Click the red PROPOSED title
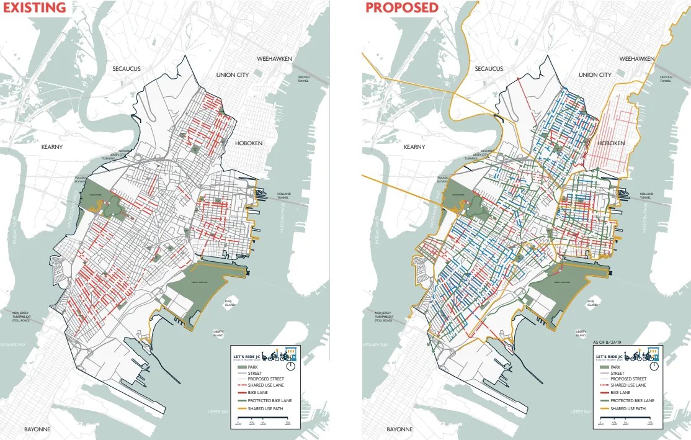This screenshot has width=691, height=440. [x=401, y=8]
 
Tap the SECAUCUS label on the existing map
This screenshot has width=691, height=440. [x=127, y=68]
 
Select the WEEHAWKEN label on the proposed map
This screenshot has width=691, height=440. [x=636, y=58]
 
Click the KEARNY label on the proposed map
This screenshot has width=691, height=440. [x=414, y=147]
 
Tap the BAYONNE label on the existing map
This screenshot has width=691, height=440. [x=37, y=429]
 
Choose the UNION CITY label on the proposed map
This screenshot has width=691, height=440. [x=595, y=75]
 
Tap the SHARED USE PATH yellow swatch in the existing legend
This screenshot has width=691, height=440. [x=239, y=408]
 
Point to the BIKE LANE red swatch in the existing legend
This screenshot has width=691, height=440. [x=239, y=393]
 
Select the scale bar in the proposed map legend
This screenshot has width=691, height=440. [x=628, y=420]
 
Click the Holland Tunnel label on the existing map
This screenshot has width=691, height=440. [x=283, y=195]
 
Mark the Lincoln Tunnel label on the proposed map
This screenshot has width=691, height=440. [x=665, y=79]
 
